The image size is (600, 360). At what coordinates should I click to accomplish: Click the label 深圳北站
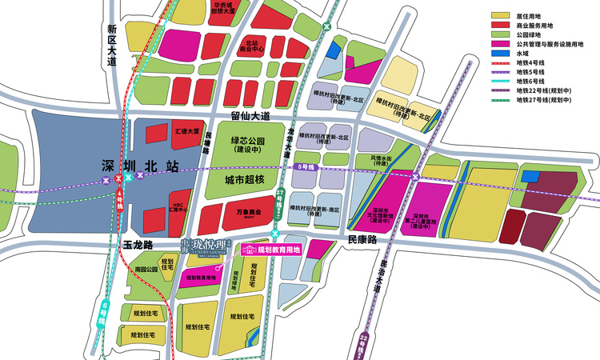coord(135,166)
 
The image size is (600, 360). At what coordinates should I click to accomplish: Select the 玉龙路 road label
coord(138,239)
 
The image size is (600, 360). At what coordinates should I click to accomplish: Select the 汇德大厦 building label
coord(186,130)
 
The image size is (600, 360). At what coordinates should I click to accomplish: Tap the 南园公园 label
coord(146,270)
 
